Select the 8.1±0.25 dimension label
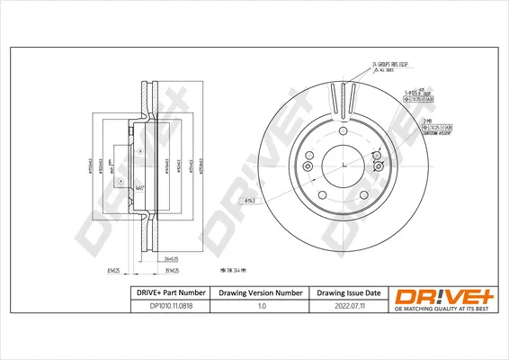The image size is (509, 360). click(113, 269)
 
